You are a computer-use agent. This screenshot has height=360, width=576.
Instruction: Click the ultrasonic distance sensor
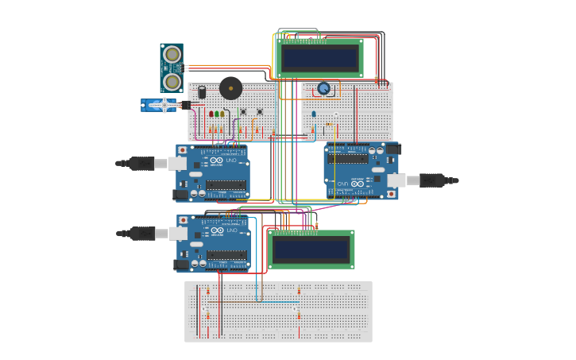point(172,68)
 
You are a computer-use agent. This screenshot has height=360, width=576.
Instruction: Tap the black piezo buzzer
point(230,87)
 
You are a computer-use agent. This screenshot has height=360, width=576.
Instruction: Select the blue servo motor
point(159,105)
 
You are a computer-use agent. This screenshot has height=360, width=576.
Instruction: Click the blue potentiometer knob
point(323,88)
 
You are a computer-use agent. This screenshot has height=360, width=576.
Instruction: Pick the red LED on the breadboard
point(211,114)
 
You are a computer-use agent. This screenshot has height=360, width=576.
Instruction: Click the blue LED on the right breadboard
point(313,114)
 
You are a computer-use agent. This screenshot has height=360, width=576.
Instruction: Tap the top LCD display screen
point(320,58)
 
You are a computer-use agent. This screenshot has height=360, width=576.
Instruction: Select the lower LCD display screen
point(311,250)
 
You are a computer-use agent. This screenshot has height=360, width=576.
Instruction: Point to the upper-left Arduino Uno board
point(213,172)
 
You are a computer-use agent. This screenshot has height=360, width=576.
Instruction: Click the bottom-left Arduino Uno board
point(213,242)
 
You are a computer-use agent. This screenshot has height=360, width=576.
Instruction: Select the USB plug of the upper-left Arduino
point(143,164)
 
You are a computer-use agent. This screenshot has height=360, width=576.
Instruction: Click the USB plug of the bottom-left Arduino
point(143,234)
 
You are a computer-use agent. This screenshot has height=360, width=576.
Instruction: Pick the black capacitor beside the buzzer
point(202,92)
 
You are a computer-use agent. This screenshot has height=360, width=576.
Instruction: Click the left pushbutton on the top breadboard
point(242,111)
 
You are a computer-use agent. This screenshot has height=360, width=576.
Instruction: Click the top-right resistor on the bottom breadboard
point(299,292)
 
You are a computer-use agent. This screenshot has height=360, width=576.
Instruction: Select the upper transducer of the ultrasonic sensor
point(172,55)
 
